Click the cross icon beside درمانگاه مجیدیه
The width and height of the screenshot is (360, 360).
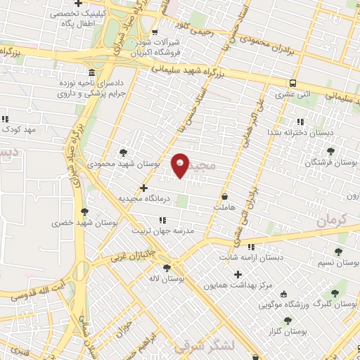click(144, 188)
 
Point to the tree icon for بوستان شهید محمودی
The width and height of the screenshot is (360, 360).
click(124, 152)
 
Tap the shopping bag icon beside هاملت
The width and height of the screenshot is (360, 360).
click(224, 197)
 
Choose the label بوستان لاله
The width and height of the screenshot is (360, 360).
click(166, 279)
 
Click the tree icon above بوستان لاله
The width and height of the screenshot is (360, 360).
click(167, 268)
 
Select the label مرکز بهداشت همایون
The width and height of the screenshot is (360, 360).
click(238, 285)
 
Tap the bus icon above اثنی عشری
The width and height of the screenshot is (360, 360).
click(292, 82)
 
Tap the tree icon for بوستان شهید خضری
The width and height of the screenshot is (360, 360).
click(86, 211)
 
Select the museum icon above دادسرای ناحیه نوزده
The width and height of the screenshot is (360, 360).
click(92, 73)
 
